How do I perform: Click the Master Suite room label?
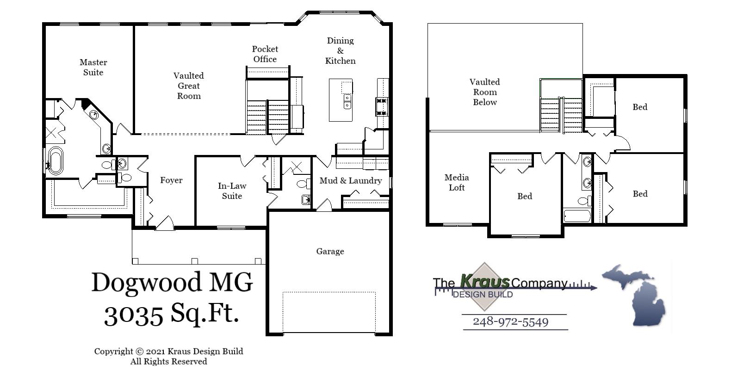93,68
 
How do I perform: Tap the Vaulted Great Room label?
189,86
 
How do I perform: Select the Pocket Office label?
265,54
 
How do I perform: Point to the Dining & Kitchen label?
340,51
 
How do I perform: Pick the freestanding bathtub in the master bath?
56,161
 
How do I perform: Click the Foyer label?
171,180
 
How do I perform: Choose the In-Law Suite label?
232,191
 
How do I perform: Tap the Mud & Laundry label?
351,181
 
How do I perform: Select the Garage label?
330,252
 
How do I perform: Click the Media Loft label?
457,183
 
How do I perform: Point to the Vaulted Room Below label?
484,92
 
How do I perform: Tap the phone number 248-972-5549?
510,322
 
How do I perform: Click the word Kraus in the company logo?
485,281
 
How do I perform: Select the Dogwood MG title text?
172,282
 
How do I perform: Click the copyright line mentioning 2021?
168,352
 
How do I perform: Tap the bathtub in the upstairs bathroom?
577,216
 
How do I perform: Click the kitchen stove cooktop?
382,107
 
